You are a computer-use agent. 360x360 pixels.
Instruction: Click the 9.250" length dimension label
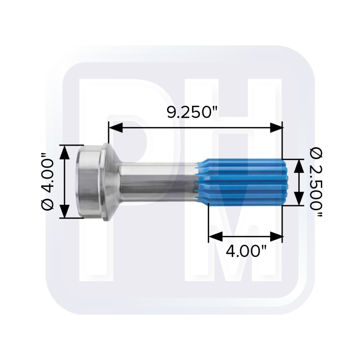[192, 112]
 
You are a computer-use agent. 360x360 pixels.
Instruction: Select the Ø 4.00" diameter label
[48, 181]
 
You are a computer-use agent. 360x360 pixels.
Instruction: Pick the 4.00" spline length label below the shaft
[246, 251]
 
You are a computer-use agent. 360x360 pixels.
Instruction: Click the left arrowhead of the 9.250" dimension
[116, 128]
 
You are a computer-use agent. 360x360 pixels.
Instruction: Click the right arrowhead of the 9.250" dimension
[276, 128]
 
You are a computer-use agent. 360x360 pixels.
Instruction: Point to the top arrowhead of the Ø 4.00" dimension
[64, 152]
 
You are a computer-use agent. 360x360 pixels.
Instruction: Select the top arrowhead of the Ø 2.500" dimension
[299, 166]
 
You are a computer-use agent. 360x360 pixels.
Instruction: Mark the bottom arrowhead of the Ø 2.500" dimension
[299, 198]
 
